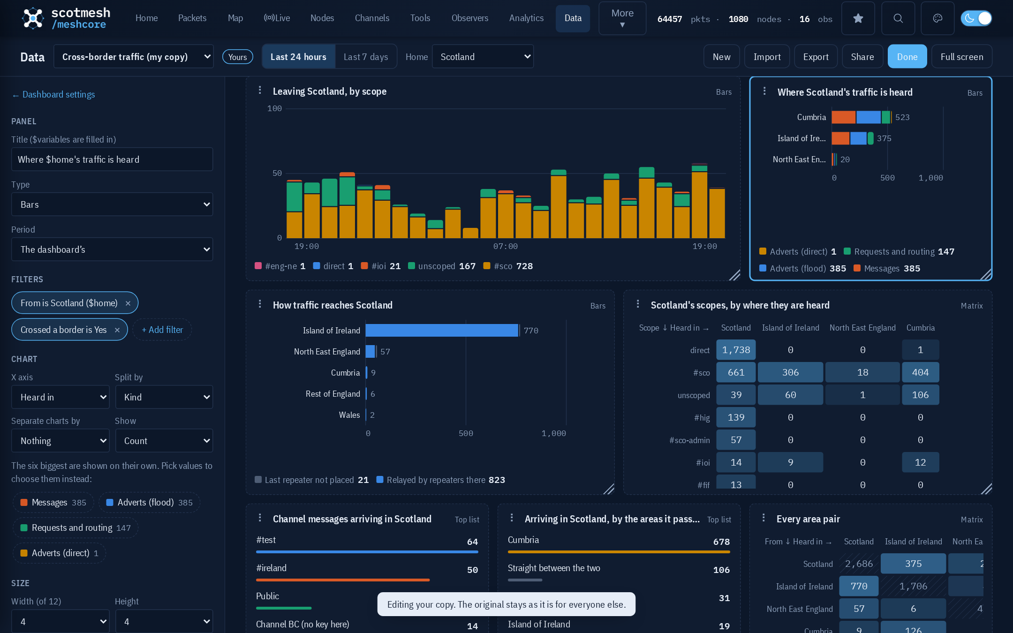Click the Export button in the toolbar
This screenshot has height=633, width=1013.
[816, 57]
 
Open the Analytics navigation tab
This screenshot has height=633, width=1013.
[526, 18]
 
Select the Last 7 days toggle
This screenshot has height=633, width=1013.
[366, 57]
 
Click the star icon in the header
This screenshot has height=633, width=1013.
[858, 18]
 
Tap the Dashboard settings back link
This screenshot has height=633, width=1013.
[53, 94]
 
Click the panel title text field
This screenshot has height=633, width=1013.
[112, 159]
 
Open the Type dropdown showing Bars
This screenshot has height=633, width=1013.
[112, 204]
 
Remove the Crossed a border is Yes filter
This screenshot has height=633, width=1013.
[117, 330]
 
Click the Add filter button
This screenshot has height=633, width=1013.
[162, 330]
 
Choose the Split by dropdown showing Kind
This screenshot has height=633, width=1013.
[164, 397]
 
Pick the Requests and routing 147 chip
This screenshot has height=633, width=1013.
[76, 528]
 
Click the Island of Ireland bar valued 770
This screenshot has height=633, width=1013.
[442, 331]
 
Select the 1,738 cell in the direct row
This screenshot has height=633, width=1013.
[736, 350]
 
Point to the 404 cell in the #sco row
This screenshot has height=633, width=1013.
[920, 372]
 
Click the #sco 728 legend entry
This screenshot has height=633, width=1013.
[508, 266]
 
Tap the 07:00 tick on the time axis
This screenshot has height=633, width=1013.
[506, 246]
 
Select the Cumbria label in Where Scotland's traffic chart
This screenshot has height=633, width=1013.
[811, 117]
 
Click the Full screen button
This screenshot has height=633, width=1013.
[961, 57]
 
